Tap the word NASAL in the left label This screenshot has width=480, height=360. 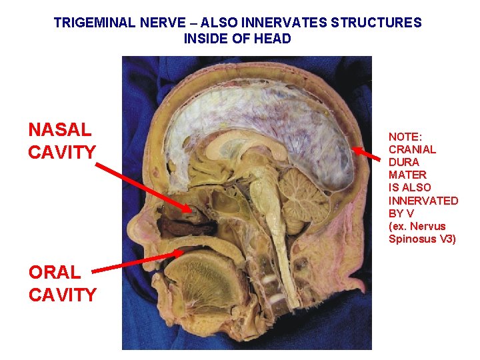60,129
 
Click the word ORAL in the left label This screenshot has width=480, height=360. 55,272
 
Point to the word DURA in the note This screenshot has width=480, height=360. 403,162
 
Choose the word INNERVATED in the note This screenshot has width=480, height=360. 423,201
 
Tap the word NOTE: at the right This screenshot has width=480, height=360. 406,136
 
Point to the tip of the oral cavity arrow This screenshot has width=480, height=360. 184,251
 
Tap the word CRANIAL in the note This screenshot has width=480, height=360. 412,149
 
